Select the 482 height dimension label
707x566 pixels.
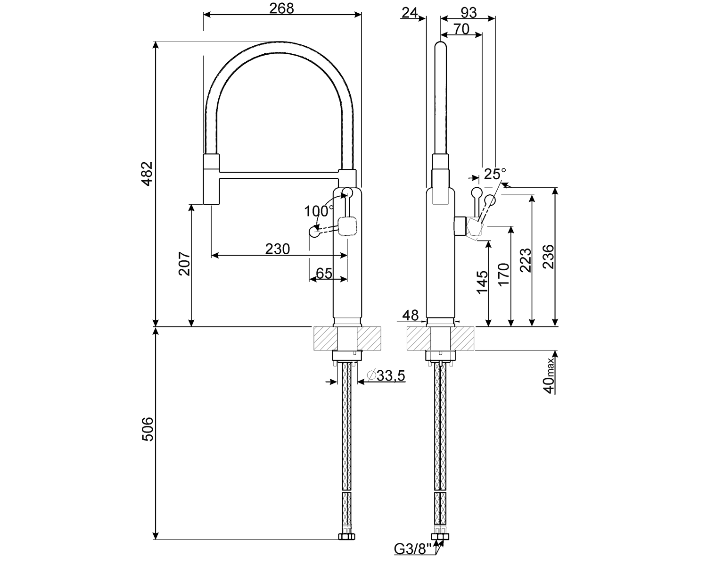point(148,174)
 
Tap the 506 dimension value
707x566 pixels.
point(148,429)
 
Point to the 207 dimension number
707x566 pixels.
point(184,264)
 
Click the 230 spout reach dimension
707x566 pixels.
point(277,249)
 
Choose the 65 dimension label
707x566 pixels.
point(324,273)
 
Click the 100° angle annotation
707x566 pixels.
point(319,210)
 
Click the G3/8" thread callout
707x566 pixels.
point(413,549)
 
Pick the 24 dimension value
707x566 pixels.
point(410,13)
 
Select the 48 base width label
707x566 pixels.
point(411,315)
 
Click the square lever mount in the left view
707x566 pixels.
point(348,226)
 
